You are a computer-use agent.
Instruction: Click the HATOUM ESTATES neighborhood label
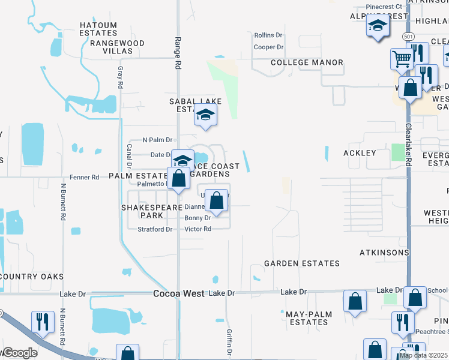(98, 29)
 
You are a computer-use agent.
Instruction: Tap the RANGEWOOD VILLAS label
(117, 47)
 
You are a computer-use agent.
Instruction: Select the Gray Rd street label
(120, 77)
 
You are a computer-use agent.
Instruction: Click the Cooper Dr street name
(268, 47)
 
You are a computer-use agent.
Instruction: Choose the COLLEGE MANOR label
(307, 62)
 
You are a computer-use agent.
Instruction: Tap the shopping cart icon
(402, 59)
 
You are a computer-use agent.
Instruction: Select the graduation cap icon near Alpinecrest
(377, 26)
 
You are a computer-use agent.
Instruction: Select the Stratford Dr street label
(155, 229)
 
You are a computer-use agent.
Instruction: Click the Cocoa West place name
(178, 293)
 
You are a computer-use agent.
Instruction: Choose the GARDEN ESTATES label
(302, 263)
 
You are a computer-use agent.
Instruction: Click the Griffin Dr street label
(229, 341)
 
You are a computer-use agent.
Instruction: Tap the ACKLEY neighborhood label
(360, 153)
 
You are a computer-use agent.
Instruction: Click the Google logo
(19, 353)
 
